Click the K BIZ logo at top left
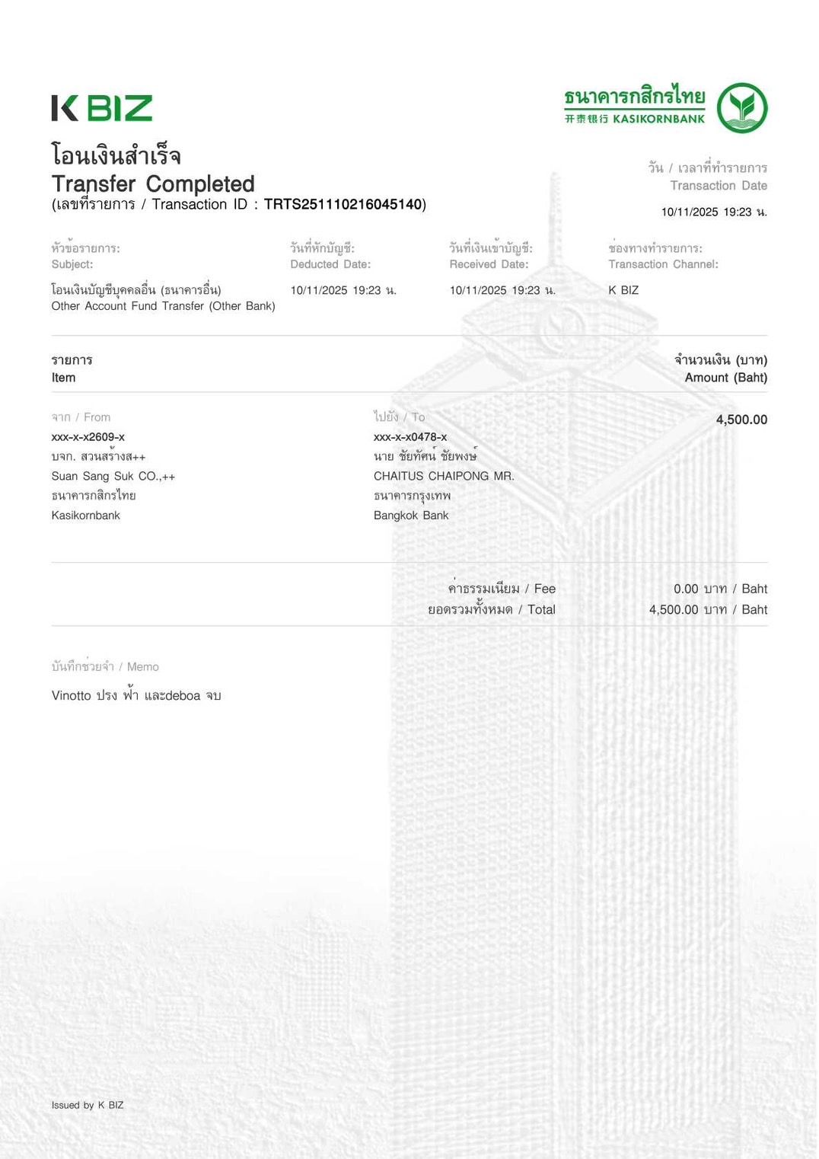(102, 108)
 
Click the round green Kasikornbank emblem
(742, 107)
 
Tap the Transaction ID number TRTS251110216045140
(343, 204)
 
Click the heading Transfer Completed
(153, 184)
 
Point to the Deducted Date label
(330, 264)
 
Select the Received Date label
(489, 264)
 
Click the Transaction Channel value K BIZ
(623, 290)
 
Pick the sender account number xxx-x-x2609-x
(88, 437)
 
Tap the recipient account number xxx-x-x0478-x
(410, 437)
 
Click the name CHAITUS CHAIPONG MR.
(444, 476)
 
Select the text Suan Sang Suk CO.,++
(113, 476)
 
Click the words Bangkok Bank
(411, 516)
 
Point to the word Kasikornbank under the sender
(86, 516)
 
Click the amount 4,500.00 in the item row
(741, 420)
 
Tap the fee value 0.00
(686, 589)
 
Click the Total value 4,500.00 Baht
(708, 609)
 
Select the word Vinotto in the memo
(72, 695)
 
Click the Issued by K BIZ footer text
(88, 1105)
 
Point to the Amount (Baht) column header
(725, 378)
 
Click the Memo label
(142, 666)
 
